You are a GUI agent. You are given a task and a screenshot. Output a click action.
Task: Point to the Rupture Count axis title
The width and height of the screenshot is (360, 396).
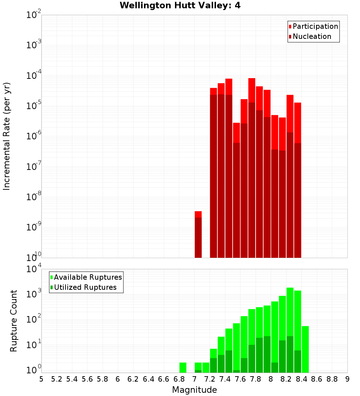point(14,321)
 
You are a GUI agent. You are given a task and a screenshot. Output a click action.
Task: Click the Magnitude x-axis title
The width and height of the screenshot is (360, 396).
point(194,390)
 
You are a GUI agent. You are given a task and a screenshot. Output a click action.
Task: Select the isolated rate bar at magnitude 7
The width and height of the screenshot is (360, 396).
point(198,234)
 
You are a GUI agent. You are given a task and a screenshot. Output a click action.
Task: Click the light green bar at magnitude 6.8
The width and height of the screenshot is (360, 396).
point(183,368)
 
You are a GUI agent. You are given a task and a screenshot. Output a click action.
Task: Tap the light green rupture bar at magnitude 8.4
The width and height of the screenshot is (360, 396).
point(305,349)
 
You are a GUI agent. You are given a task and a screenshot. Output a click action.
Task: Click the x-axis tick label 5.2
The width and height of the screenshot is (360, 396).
point(57,379)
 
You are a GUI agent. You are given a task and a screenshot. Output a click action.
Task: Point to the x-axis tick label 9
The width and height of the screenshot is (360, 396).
point(347,379)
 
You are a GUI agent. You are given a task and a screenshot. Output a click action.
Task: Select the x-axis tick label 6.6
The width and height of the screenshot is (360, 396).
point(164,379)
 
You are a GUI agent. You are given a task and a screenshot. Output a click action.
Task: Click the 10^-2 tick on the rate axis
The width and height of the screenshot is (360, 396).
point(33,15)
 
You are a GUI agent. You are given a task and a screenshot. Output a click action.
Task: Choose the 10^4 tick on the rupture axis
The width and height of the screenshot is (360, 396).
point(33,269)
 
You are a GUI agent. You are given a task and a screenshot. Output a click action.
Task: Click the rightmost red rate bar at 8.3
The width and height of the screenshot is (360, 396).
point(297,180)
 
